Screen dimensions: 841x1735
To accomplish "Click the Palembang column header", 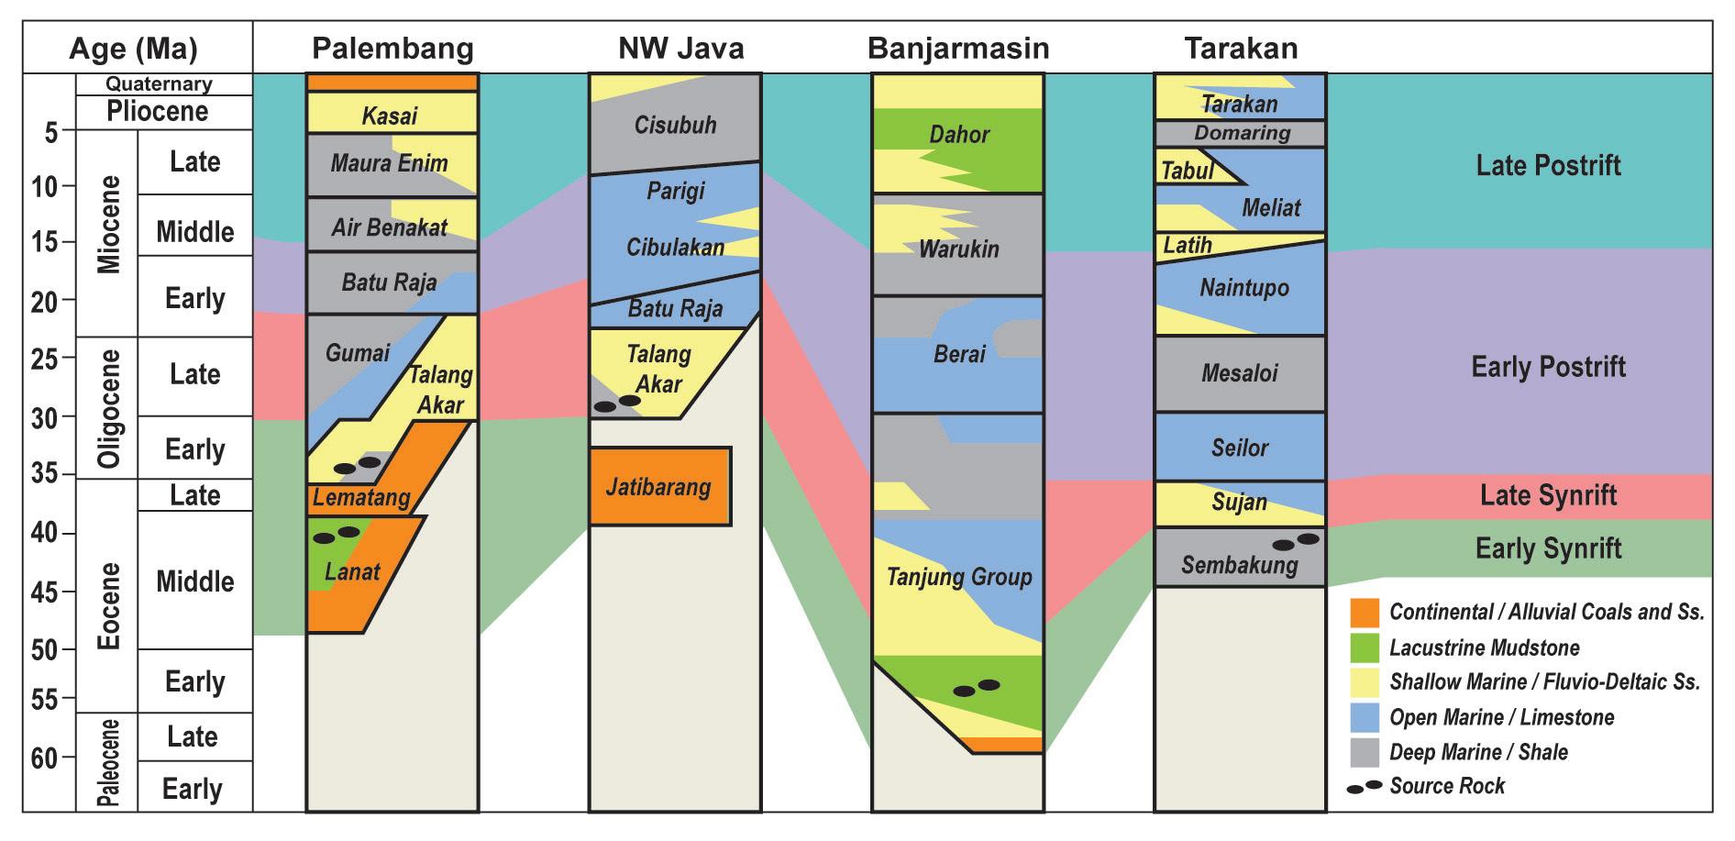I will [x=392, y=48].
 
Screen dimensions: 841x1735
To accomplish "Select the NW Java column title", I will [x=680, y=48].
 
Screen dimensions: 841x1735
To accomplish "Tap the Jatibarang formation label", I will [x=658, y=486].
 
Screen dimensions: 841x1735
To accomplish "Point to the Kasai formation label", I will [x=390, y=116].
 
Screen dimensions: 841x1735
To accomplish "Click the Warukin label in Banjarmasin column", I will [x=958, y=249].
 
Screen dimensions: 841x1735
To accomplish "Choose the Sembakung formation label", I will [x=1239, y=565].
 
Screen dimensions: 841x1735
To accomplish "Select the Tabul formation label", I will [x=1187, y=171].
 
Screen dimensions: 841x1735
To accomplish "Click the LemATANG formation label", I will [x=358, y=498].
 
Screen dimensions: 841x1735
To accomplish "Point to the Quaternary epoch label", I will [x=159, y=83].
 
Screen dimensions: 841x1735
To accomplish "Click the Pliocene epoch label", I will [x=158, y=112].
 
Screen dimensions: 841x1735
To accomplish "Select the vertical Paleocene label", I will [x=108, y=762].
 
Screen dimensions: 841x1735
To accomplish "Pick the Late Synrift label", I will [x=1548, y=495].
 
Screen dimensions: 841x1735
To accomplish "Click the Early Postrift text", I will [x=1548, y=367].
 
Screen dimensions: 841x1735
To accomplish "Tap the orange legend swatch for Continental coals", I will [x=1365, y=613].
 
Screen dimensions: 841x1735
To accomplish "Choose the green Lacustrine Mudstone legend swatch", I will [x=1365, y=647].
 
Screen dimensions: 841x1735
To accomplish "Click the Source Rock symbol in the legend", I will [x=1365, y=787].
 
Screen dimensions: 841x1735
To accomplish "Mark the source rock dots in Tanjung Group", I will [x=976, y=688].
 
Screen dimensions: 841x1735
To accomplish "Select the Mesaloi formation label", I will [x=1239, y=373].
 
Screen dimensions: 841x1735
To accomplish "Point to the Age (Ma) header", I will [x=134, y=48].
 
